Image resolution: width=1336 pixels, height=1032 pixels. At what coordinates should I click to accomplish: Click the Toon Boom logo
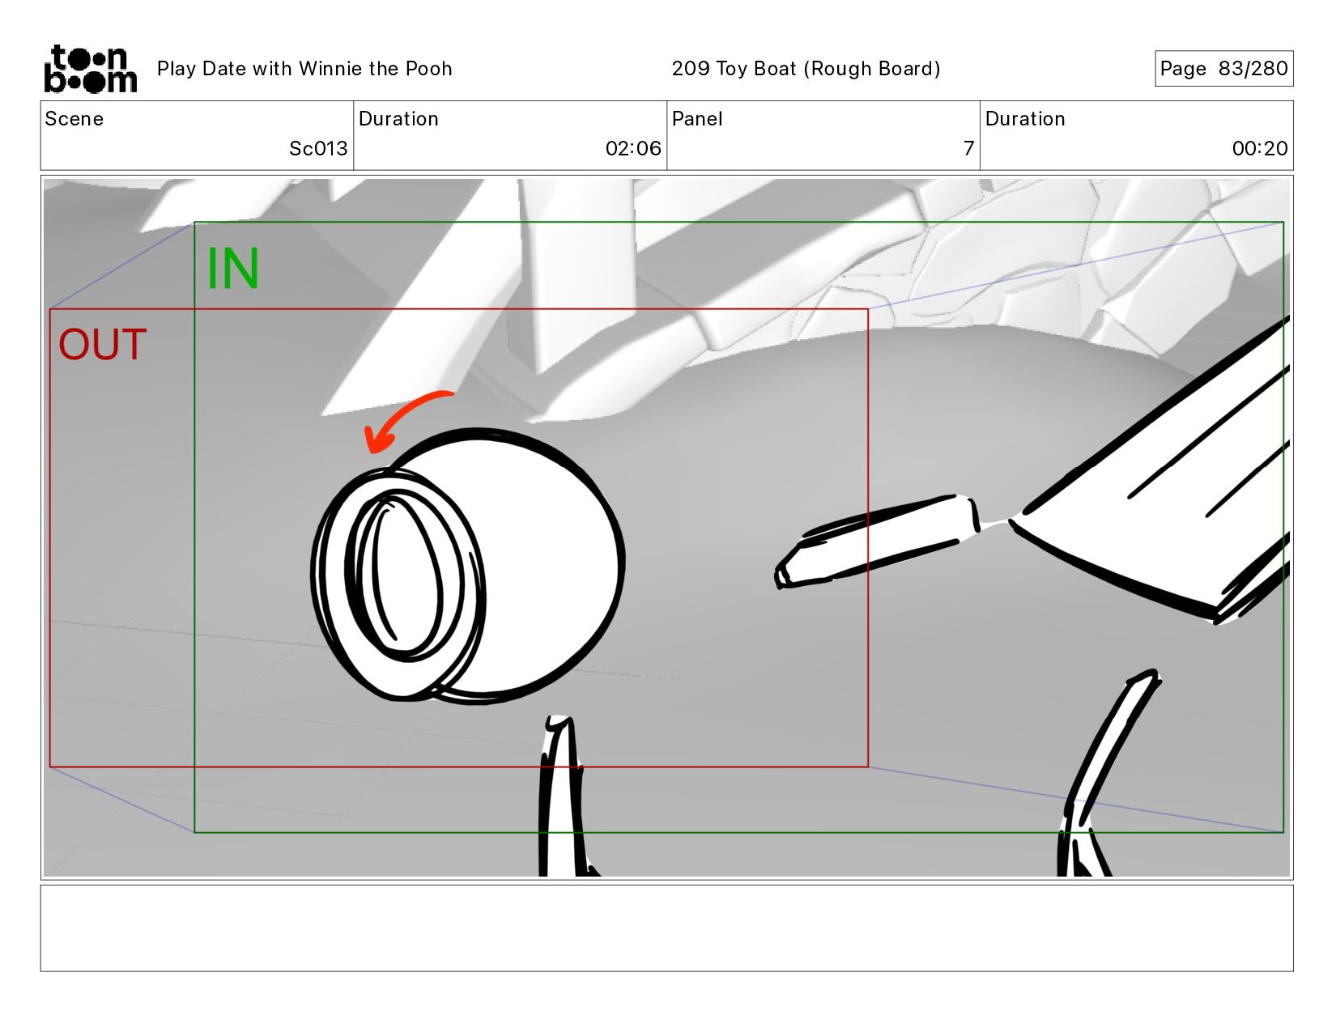(x=91, y=69)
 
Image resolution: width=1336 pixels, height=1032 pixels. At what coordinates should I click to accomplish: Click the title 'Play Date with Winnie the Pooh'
(x=304, y=68)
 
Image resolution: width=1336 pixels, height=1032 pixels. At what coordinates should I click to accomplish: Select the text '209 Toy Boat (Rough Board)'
(x=806, y=68)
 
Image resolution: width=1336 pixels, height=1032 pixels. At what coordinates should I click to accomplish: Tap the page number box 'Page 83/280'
(x=1223, y=68)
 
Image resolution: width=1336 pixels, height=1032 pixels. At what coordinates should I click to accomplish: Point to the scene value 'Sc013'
(x=318, y=148)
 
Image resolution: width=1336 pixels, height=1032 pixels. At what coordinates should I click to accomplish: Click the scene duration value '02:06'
(x=633, y=148)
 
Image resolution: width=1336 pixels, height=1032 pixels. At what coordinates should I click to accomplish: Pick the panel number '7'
(x=968, y=148)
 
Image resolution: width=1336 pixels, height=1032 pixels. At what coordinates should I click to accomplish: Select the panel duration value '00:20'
(x=1260, y=148)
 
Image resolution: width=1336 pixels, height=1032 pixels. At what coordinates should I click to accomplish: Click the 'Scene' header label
(x=74, y=119)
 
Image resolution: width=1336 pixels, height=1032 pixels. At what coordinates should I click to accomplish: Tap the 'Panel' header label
(x=696, y=119)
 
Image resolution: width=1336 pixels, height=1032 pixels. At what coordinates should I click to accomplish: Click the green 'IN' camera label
(x=233, y=268)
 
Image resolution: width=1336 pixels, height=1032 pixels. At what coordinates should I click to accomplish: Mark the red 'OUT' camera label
(x=103, y=344)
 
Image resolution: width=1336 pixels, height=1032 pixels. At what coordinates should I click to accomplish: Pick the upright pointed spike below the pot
(x=560, y=799)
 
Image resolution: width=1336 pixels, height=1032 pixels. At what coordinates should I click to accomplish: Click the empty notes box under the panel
(x=667, y=928)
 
